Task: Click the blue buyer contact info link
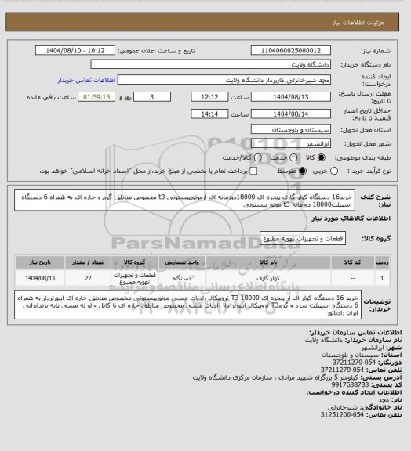tap(87, 80)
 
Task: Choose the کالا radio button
tap(273, 157)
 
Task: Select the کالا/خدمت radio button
tap(233, 157)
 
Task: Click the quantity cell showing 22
tap(87, 277)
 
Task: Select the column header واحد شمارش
tap(182, 262)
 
